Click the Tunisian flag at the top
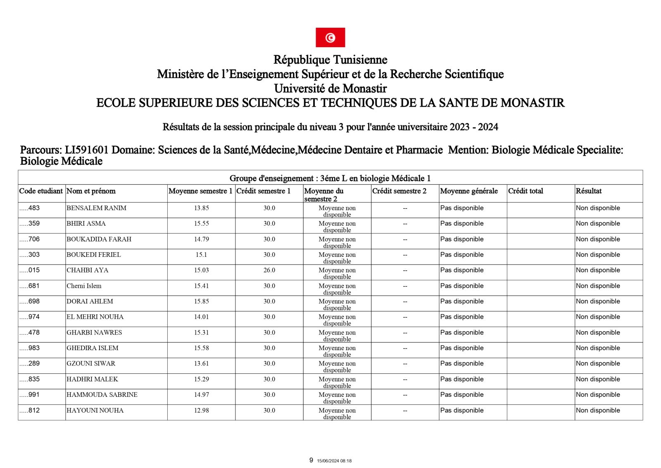click(x=330, y=38)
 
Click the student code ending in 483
click(x=30, y=208)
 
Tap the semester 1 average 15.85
click(x=201, y=301)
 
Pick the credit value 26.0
click(x=269, y=270)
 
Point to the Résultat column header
click(x=588, y=191)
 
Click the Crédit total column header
click(x=525, y=191)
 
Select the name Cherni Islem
click(x=84, y=286)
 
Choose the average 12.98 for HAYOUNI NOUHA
click(x=201, y=410)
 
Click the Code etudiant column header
click(x=41, y=191)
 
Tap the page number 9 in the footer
click(x=311, y=460)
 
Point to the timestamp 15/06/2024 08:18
click(x=334, y=461)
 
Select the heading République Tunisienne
click(x=330, y=60)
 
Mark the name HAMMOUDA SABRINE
click(x=102, y=394)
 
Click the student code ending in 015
click(x=30, y=270)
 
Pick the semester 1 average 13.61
click(x=201, y=363)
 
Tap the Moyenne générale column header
click(x=469, y=191)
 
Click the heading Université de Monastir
click(x=330, y=88)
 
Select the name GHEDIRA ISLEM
click(x=92, y=348)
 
